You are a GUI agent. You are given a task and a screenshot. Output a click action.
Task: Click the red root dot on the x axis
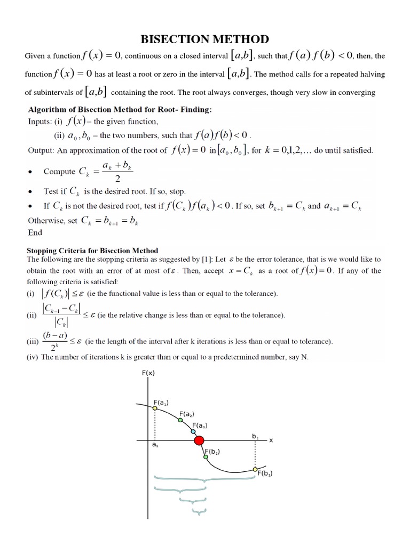pos(199,440)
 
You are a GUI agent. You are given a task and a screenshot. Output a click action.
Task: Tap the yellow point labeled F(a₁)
pos(155,408)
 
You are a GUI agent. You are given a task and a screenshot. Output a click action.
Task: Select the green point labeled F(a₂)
pos(179,420)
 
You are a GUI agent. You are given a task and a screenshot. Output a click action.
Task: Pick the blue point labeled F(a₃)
pos(193,431)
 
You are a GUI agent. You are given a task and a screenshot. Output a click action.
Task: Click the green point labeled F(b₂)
pos(205,456)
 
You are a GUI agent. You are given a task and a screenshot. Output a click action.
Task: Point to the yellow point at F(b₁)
pos(255,469)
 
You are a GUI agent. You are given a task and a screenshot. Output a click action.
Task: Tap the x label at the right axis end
pos(271,440)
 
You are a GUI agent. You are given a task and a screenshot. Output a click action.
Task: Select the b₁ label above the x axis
pos(255,435)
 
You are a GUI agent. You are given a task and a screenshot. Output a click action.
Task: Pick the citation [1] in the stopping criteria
pos(202,260)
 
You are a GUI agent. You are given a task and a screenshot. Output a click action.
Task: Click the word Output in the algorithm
pos(41,150)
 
